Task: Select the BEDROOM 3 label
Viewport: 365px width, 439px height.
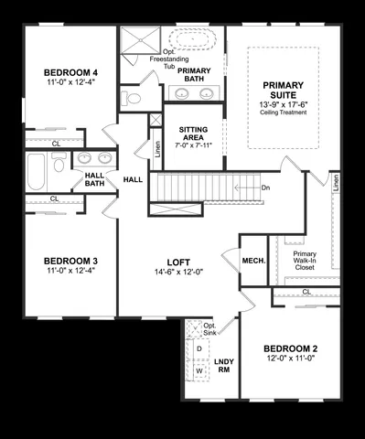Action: click(70, 261)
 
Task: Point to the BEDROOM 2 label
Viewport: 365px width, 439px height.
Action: click(290, 348)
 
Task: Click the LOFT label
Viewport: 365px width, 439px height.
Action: click(177, 261)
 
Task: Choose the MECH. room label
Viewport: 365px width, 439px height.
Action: click(253, 261)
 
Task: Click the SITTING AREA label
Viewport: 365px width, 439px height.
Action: click(193, 131)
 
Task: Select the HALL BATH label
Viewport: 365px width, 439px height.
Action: click(95, 179)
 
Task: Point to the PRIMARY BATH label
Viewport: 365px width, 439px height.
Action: click(195, 75)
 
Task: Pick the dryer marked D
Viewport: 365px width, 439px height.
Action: click(199, 349)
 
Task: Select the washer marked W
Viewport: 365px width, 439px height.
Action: click(199, 371)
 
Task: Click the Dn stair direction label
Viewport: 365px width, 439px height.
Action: click(265, 187)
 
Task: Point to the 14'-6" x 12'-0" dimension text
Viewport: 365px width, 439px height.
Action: click(177, 272)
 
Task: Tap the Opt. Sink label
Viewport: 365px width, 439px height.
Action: click(209, 329)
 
